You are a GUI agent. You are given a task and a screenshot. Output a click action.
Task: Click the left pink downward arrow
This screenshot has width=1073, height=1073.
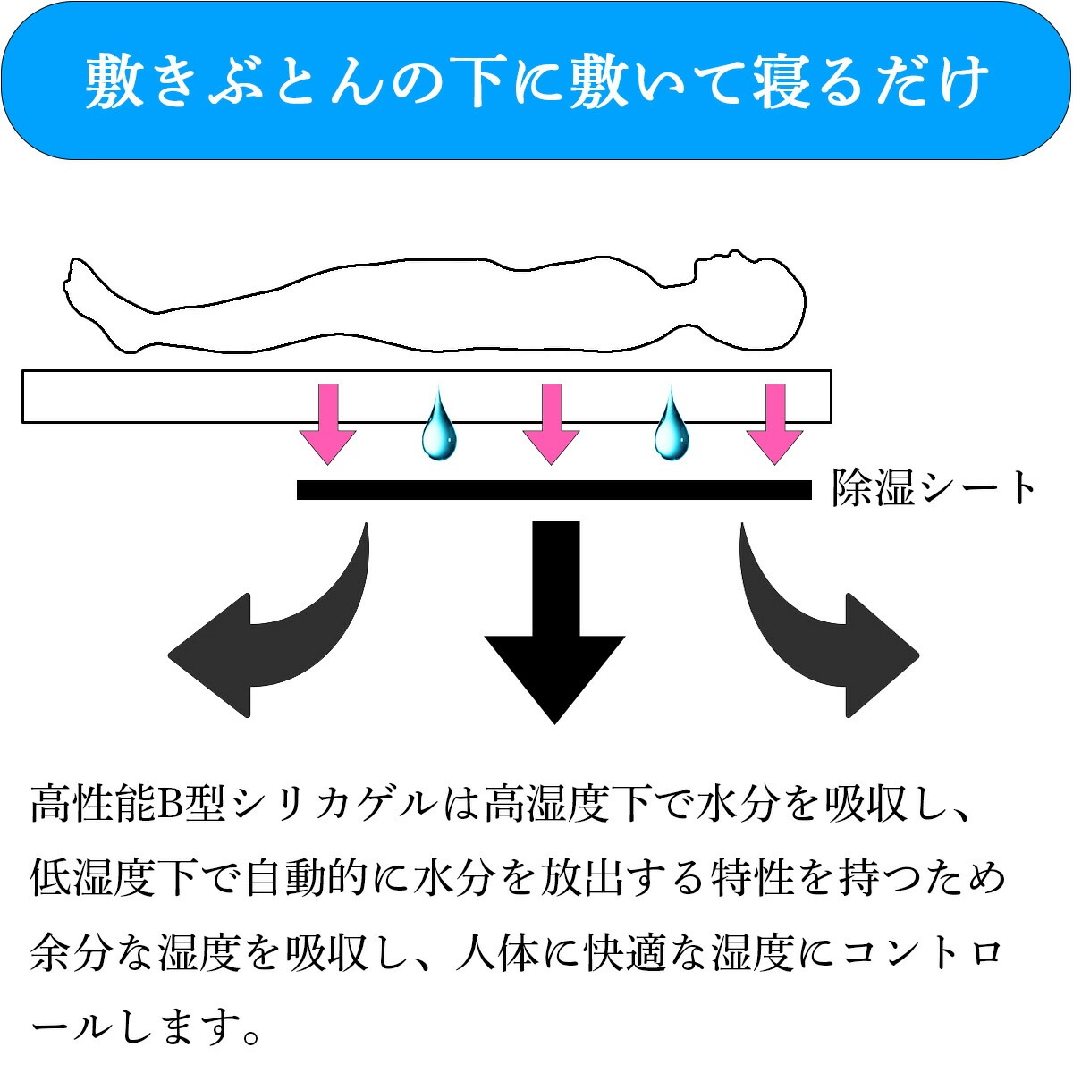327,424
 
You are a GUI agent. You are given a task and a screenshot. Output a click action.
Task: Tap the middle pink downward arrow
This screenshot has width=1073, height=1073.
552,424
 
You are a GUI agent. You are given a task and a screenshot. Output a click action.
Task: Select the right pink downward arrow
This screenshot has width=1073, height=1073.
774,424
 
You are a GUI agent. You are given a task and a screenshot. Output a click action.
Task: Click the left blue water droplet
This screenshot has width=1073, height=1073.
439,425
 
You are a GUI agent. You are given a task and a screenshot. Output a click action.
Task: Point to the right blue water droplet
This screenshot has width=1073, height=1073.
672,425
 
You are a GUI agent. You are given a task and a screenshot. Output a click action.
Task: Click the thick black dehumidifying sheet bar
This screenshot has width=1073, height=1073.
554,490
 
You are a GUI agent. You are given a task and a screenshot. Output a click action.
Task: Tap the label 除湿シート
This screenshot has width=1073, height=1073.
933,488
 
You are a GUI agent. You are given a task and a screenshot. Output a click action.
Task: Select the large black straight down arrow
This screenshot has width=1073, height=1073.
554,622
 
